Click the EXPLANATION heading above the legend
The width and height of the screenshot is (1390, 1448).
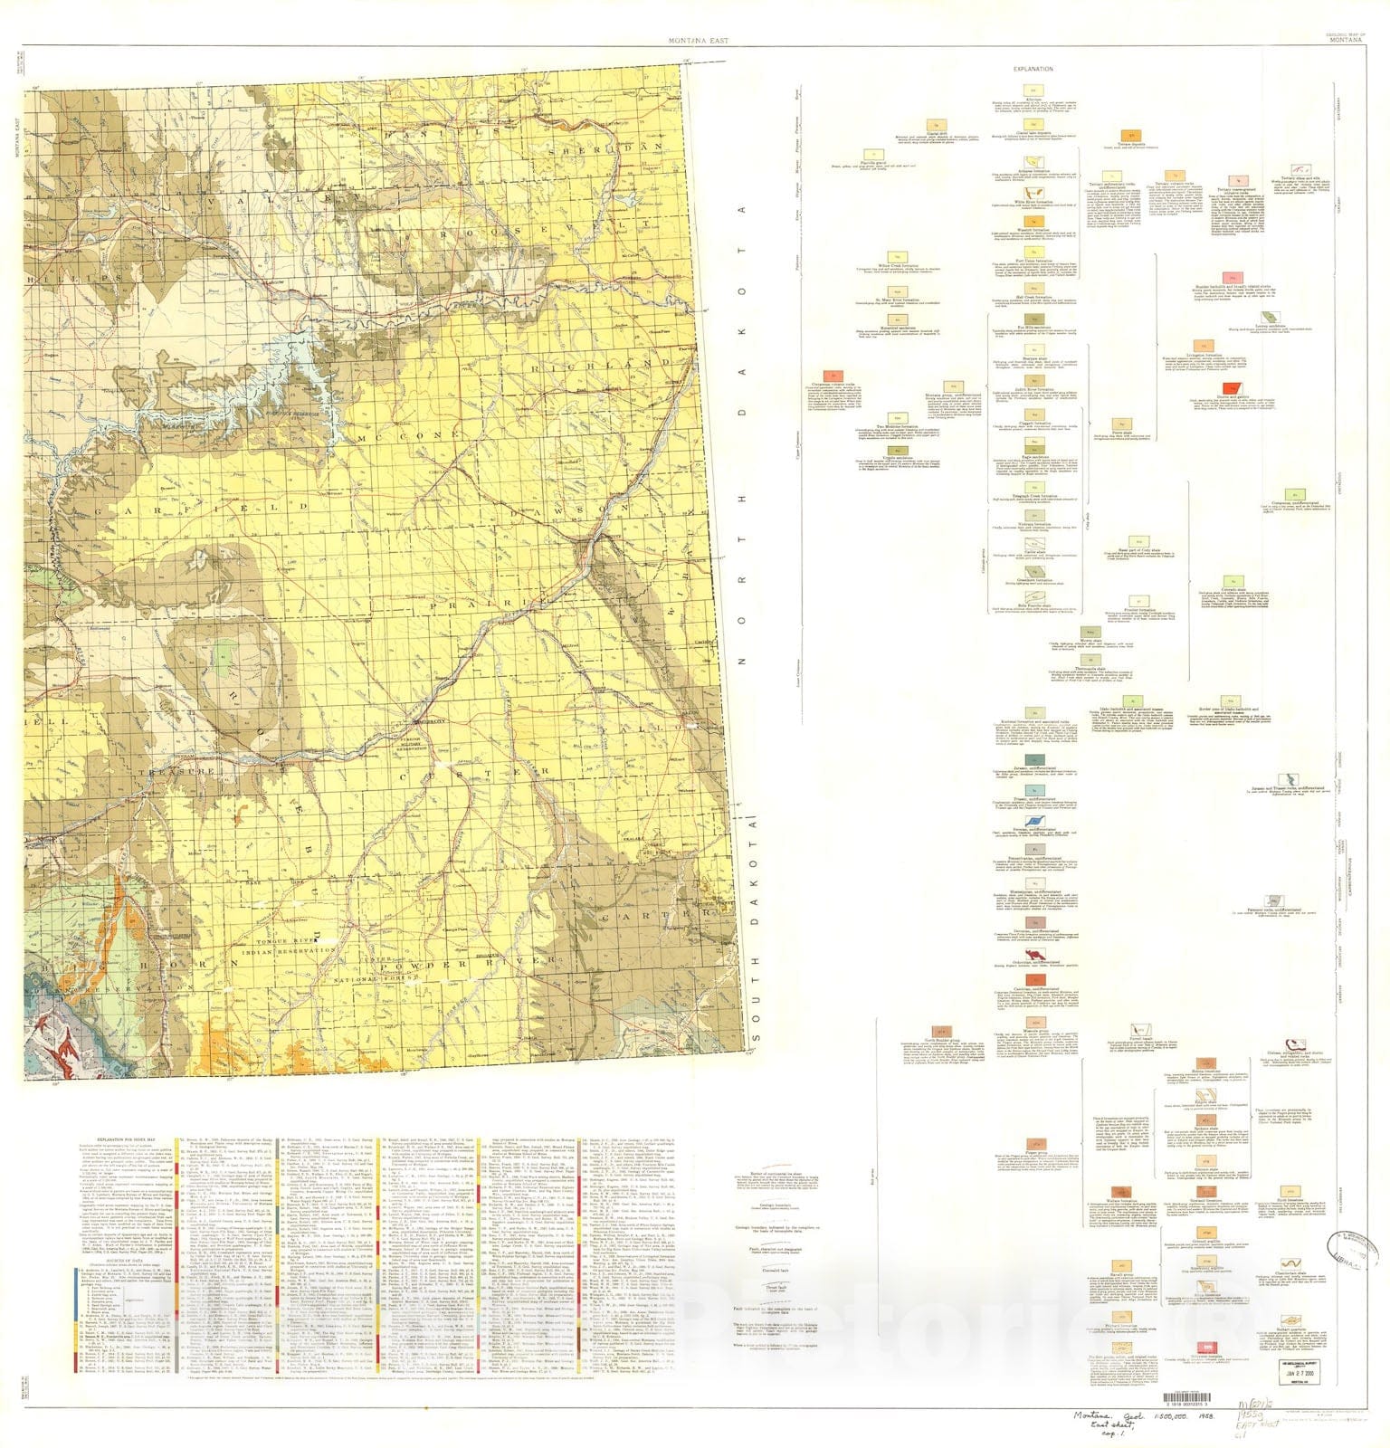click(1033, 69)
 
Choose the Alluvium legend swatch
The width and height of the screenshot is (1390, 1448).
click(1029, 90)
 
